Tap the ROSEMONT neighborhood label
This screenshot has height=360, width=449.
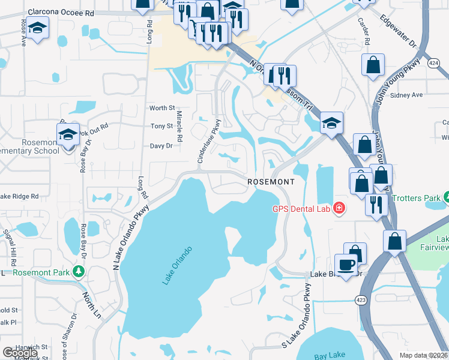tap(272, 181)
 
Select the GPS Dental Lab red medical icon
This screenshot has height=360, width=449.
tap(339, 208)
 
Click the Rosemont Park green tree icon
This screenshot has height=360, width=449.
tap(78, 272)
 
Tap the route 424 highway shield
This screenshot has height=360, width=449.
tap(434, 62)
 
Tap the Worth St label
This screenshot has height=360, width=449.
tap(162, 108)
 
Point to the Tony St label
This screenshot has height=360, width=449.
tap(162, 126)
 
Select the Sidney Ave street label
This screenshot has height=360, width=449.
tap(406, 95)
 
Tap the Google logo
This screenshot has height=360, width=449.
tap(20, 352)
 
